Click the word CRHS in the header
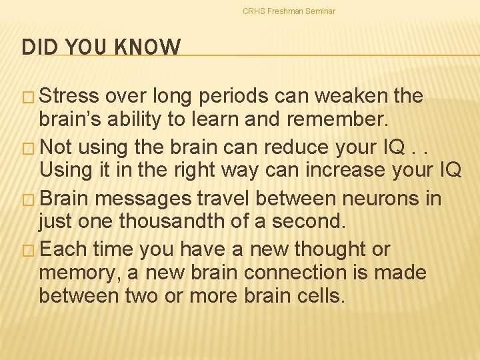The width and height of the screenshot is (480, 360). (x=254, y=11)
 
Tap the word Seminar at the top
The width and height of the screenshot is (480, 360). (x=320, y=11)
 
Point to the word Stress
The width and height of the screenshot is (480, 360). (x=69, y=97)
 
